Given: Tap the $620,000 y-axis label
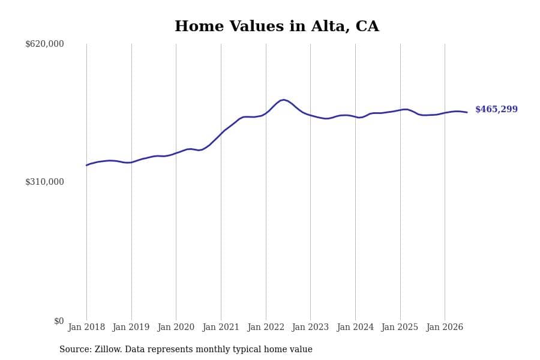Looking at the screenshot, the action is (44, 44).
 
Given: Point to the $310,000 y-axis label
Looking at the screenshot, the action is (44, 182).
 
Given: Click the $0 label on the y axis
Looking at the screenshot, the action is (59, 321).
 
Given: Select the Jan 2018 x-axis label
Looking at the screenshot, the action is (86, 327).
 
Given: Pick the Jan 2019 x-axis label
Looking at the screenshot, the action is (131, 327).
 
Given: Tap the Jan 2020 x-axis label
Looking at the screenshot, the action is (176, 327).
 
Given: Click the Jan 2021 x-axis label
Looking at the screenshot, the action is (221, 327).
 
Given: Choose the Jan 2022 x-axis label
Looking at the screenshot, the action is (266, 327).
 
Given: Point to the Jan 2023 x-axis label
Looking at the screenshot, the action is (310, 327).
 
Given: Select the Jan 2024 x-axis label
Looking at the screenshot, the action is (355, 327).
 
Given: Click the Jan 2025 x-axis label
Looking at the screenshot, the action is (400, 327).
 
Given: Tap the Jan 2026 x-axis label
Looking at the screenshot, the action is (445, 327).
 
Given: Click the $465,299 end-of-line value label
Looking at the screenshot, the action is (496, 109).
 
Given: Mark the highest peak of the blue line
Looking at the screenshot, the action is (283, 100).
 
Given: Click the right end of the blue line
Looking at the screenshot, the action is (467, 112).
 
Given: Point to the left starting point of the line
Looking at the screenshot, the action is (86, 166).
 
